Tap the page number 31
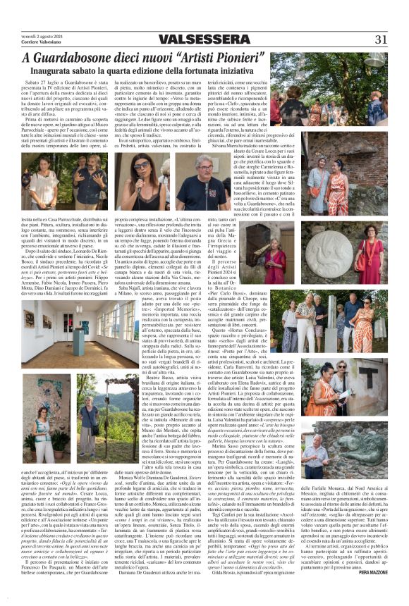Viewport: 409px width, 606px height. [x=381, y=39]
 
